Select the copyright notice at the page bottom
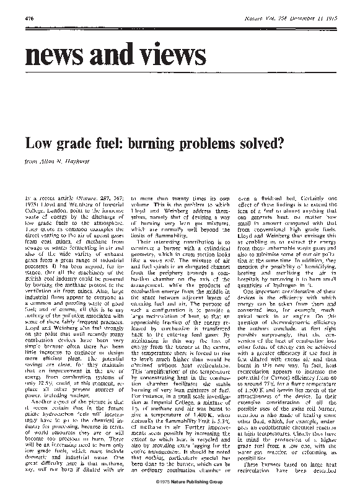(x=180, y=481)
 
